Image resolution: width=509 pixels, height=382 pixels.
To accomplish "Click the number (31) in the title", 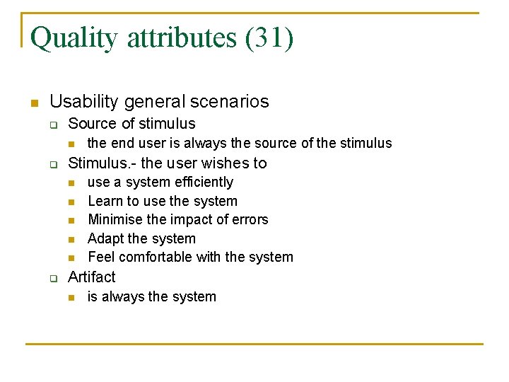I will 269,37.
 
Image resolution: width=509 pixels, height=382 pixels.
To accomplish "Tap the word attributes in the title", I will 182,37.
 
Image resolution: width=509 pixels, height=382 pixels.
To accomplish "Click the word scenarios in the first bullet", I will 231,102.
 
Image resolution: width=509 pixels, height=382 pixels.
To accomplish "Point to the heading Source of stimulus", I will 131,124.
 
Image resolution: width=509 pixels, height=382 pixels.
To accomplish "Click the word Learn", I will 105,202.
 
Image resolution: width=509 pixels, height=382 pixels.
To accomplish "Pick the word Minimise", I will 115,220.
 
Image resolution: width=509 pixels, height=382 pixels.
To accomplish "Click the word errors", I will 248,220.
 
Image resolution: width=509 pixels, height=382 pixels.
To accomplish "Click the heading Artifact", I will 91,277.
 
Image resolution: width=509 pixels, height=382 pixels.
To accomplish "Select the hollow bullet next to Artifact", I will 52,279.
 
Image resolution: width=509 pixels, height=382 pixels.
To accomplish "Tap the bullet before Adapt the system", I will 71,240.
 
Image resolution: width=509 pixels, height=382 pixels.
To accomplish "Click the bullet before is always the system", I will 71,298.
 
